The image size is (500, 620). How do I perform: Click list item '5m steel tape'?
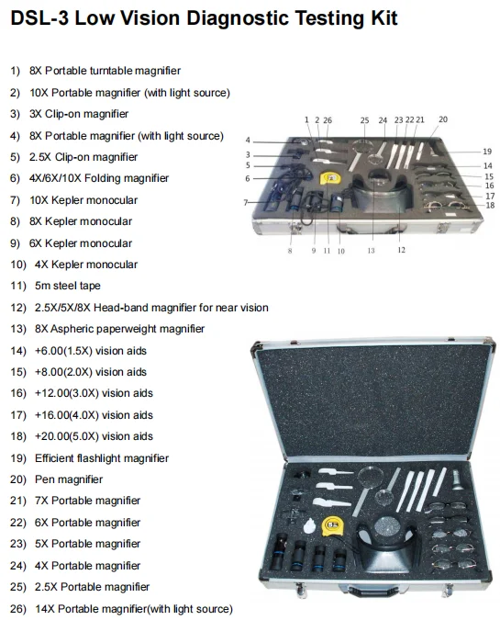pos(68,286)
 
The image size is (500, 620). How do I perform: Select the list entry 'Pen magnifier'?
pos(69,479)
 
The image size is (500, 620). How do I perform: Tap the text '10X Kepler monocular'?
pos(83,200)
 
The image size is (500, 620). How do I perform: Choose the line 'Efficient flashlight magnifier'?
pos(101,457)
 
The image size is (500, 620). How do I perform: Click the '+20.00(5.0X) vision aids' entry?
pos(91,436)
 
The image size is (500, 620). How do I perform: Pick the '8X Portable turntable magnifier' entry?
pos(105,71)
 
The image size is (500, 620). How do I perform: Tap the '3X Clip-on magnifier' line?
pos(79,114)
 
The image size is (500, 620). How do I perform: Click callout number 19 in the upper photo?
pos(486,151)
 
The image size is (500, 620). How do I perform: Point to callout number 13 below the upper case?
pos(372,250)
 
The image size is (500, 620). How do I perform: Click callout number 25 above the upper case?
pos(364,120)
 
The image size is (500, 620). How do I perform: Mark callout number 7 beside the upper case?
pos(246,201)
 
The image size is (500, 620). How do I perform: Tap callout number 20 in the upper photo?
pos(443,119)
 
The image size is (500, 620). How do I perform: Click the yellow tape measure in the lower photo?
pos(335,525)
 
